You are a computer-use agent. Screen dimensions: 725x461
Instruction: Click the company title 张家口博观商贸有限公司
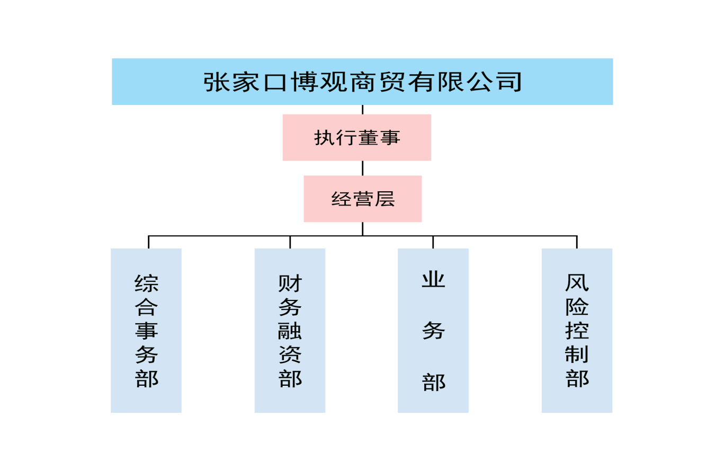[x=362, y=82]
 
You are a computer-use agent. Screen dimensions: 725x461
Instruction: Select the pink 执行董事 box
[x=356, y=138]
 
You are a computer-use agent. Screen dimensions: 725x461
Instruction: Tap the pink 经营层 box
[x=362, y=199]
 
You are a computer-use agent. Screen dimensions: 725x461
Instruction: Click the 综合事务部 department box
[x=146, y=331]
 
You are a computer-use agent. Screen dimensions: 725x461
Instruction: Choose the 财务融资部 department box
[x=290, y=331]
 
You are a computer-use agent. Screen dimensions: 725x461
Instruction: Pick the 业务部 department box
[x=433, y=331]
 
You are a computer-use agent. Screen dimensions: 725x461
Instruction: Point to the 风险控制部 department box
[x=577, y=331]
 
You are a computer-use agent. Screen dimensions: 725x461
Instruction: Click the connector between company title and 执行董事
[x=362, y=110]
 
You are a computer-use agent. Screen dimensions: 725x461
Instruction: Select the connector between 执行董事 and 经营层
[x=362, y=169]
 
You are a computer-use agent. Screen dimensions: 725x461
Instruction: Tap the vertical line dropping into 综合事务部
[x=149, y=242]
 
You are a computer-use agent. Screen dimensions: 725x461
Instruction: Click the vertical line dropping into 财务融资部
[x=290, y=242]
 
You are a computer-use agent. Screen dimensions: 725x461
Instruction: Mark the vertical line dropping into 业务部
[x=433, y=242]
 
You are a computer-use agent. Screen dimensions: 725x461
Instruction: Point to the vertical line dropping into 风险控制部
[x=577, y=242]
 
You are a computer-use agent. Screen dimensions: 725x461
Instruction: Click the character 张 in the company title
[x=215, y=82]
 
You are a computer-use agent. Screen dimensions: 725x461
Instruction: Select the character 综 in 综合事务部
[x=146, y=283]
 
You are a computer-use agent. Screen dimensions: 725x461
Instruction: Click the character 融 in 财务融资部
[x=290, y=331]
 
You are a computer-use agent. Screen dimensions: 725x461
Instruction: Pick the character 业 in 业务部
[x=433, y=280]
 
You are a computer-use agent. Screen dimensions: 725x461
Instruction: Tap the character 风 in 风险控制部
[x=577, y=283]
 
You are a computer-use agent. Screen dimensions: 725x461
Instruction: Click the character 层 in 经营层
[x=384, y=199]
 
